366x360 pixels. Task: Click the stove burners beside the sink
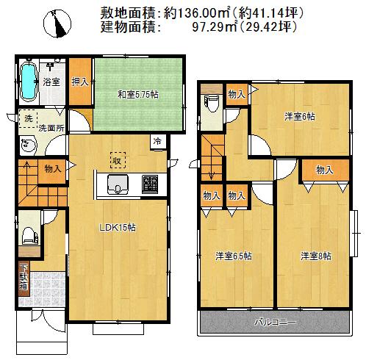[x=150, y=183]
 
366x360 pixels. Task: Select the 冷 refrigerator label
[x=157, y=140]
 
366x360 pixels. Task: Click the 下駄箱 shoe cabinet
[x=24, y=277]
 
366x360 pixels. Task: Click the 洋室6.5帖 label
[x=234, y=256]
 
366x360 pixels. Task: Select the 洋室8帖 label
[x=315, y=256]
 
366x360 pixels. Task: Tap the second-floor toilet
[x=212, y=102]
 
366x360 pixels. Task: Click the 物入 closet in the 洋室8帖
[x=324, y=170]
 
